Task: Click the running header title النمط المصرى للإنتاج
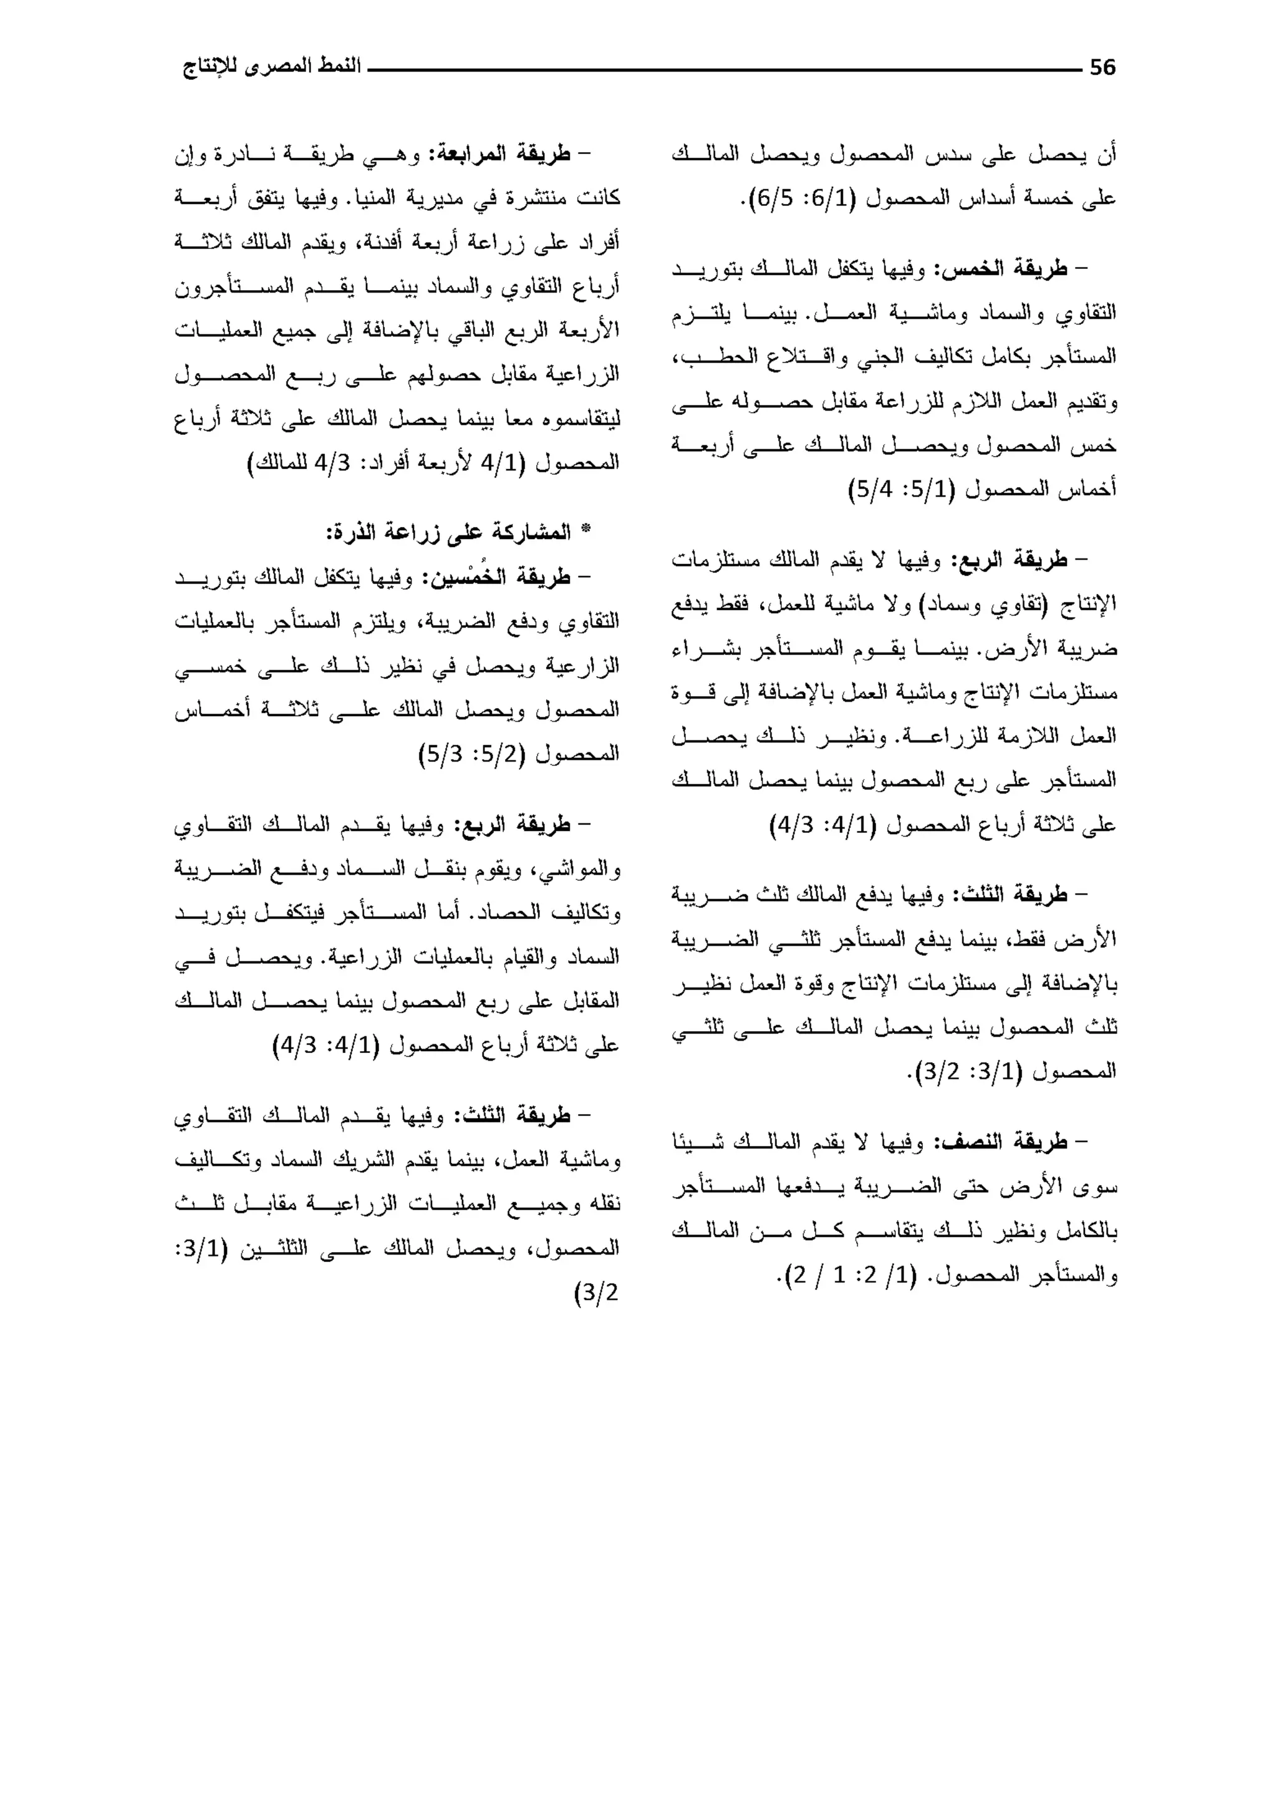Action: point(271,66)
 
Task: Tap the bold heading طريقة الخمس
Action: point(1000,269)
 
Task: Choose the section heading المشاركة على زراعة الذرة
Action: point(449,532)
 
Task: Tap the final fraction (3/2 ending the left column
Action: point(597,1292)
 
